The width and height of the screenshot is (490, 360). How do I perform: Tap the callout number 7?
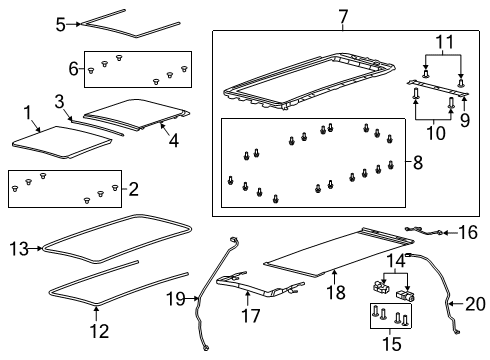click(x=315, y=17)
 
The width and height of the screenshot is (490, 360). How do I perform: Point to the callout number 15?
click(x=393, y=346)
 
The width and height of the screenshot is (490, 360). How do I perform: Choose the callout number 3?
click(x=59, y=102)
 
